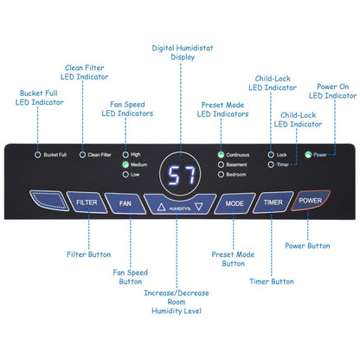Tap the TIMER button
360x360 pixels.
[x=273, y=202]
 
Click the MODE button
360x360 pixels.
[x=235, y=203]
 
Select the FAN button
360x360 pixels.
[x=125, y=203]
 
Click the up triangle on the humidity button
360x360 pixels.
[x=161, y=207]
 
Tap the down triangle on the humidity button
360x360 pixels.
[x=199, y=206]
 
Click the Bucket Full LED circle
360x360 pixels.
[x=37, y=155]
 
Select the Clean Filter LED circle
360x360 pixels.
[x=82, y=155]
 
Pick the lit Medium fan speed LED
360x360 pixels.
[x=125, y=164]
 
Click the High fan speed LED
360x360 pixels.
[x=125, y=155]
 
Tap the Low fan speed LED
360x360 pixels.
[x=125, y=175]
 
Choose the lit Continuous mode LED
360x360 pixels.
[x=221, y=155]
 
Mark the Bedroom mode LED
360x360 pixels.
[x=221, y=175]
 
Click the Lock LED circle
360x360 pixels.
[x=271, y=155]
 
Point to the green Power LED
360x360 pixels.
[x=308, y=155]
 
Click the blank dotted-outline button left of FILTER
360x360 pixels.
[x=49, y=201]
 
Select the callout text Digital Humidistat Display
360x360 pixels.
[x=183, y=53]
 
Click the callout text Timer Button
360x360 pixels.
[x=272, y=281]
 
